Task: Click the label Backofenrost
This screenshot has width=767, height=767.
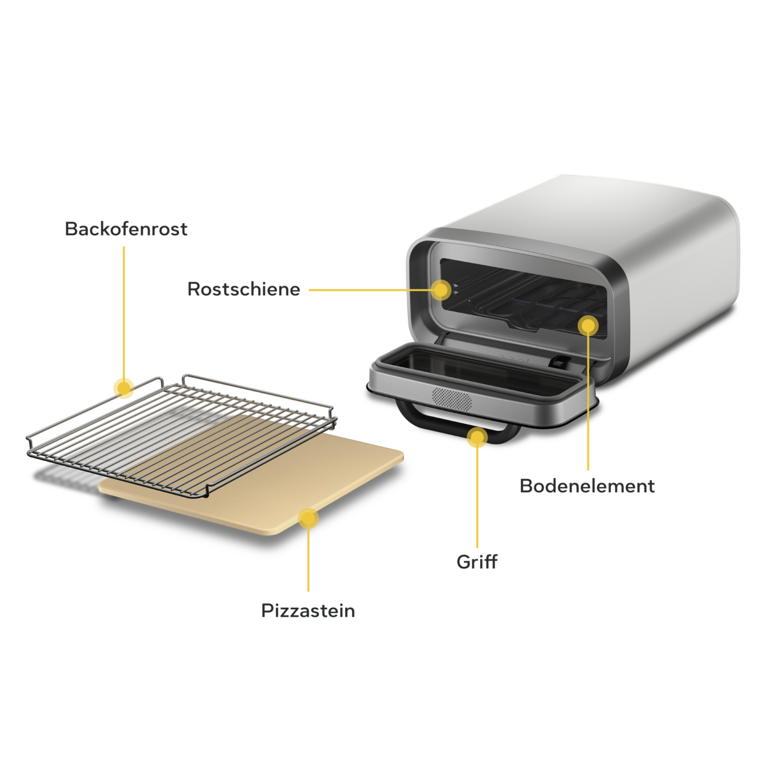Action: pyautogui.click(x=126, y=229)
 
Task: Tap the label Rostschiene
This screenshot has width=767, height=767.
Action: pyautogui.click(x=244, y=289)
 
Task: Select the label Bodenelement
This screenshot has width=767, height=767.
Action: pyautogui.click(x=587, y=486)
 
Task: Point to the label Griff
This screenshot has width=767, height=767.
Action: pyautogui.click(x=477, y=562)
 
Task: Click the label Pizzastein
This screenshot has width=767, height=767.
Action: pyautogui.click(x=308, y=611)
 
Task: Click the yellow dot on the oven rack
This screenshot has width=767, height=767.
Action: pyautogui.click(x=123, y=387)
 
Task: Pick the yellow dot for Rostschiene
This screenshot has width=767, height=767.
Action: pyautogui.click(x=441, y=290)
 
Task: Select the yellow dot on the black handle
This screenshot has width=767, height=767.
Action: pyautogui.click(x=477, y=438)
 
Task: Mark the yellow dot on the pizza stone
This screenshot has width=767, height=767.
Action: pyautogui.click(x=308, y=518)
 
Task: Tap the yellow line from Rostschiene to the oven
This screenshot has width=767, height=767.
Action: pyautogui.click(x=371, y=290)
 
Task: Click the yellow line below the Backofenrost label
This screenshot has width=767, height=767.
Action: pyautogui.click(x=123, y=307)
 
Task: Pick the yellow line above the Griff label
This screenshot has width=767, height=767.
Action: pyautogui.click(x=477, y=499)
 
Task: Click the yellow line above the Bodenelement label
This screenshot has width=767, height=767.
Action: pyautogui.click(x=588, y=403)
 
